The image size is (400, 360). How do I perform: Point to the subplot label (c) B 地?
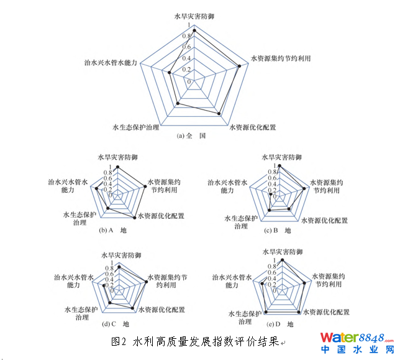point(277,231)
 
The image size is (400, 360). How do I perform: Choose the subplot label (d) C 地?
point(116,324)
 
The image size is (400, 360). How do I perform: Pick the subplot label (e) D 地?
point(280,325)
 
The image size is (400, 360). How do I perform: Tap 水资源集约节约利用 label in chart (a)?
point(281,58)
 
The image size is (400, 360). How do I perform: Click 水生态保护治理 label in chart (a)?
point(135,127)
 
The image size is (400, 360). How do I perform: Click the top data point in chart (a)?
point(195,29)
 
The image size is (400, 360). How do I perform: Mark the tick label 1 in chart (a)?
point(189,25)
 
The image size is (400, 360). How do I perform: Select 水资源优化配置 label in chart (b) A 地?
point(161,216)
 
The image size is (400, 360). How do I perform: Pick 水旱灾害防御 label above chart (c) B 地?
point(281,158)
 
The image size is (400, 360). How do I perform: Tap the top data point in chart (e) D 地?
point(283,259)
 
